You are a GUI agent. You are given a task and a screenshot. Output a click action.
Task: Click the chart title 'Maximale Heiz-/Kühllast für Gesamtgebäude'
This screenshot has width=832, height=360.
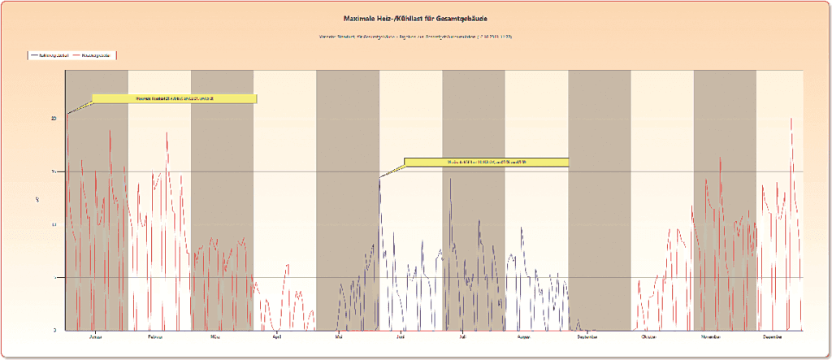pos(416,18)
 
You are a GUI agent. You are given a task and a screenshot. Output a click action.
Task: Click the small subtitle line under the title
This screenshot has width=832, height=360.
pos(416,37)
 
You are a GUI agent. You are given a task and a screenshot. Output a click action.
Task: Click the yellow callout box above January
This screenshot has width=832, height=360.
pos(175,99)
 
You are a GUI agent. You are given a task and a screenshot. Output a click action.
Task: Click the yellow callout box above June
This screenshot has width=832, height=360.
pos(487,162)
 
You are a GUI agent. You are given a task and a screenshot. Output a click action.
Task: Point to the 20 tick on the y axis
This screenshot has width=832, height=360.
pos(54,118)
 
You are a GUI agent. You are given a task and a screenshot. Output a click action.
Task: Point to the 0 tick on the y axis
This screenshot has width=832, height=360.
pos(54,330)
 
